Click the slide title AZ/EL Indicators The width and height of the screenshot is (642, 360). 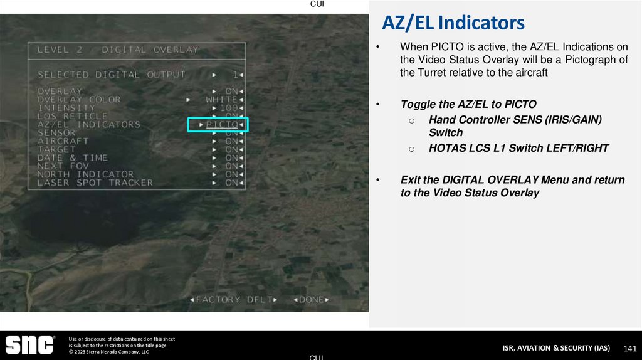pyautogui.click(x=453, y=23)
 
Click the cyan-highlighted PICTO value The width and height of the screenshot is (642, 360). pyautogui.click(x=221, y=125)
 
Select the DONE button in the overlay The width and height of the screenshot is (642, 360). pyautogui.click(x=311, y=300)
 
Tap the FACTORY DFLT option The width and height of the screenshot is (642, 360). pyautogui.click(x=233, y=300)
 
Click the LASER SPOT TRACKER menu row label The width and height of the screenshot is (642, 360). pyautogui.click(x=95, y=183)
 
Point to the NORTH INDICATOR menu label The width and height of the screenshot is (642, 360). pyautogui.click(x=85, y=174)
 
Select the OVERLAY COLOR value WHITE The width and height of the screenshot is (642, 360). pyautogui.click(x=221, y=100)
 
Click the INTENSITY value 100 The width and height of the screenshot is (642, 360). pyautogui.click(x=229, y=108)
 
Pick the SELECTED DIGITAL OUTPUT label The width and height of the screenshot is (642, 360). pyautogui.click(x=111, y=75)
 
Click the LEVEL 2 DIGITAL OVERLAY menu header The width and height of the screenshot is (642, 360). pyautogui.click(x=117, y=50)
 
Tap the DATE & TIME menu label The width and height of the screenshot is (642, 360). pyautogui.click(x=72, y=158)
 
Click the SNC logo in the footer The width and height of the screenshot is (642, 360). pyautogui.click(x=29, y=346)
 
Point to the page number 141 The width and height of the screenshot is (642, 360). pyautogui.click(x=630, y=348)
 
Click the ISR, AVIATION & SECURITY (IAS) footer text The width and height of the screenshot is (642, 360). pyautogui.click(x=556, y=348)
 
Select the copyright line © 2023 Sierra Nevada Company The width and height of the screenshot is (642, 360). pyautogui.click(x=108, y=352)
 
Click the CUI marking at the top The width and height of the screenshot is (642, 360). pyautogui.click(x=317, y=4)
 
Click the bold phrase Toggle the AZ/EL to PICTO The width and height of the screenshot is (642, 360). pyautogui.click(x=468, y=104)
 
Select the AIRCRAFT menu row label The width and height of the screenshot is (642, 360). pyautogui.click(x=63, y=141)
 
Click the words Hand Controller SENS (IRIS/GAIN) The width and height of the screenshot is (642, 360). pyautogui.click(x=515, y=119)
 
